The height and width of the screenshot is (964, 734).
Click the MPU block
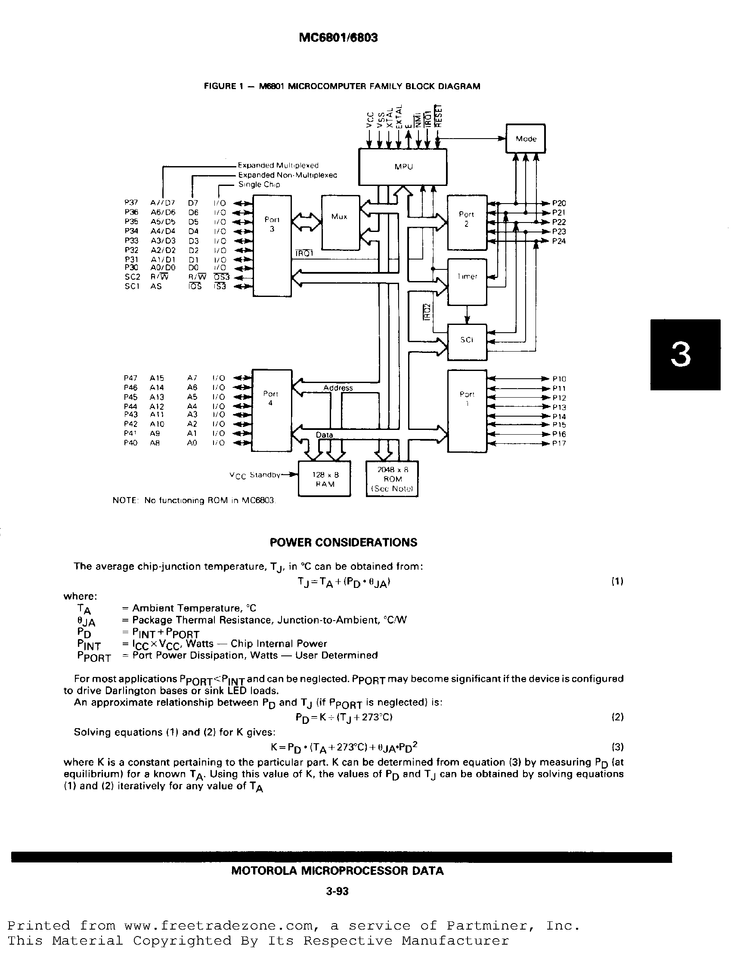pos(403,167)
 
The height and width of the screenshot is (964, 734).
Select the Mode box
pos(526,139)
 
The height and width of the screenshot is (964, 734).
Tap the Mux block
pos(340,222)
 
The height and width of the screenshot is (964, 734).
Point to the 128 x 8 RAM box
pos(324,479)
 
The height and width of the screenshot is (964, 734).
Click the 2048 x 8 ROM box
pos(392,479)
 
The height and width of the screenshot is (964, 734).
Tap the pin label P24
pos(559,241)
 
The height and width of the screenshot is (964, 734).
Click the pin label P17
pos(559,444)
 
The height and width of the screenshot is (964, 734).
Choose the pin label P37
pos(131,203)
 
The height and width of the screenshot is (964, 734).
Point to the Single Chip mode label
pos(259,184)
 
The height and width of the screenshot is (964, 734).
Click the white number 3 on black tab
pos(681,355)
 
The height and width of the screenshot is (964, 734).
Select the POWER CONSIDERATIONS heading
pos(344,543)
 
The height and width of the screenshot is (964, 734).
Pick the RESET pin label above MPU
pos(440,116)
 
